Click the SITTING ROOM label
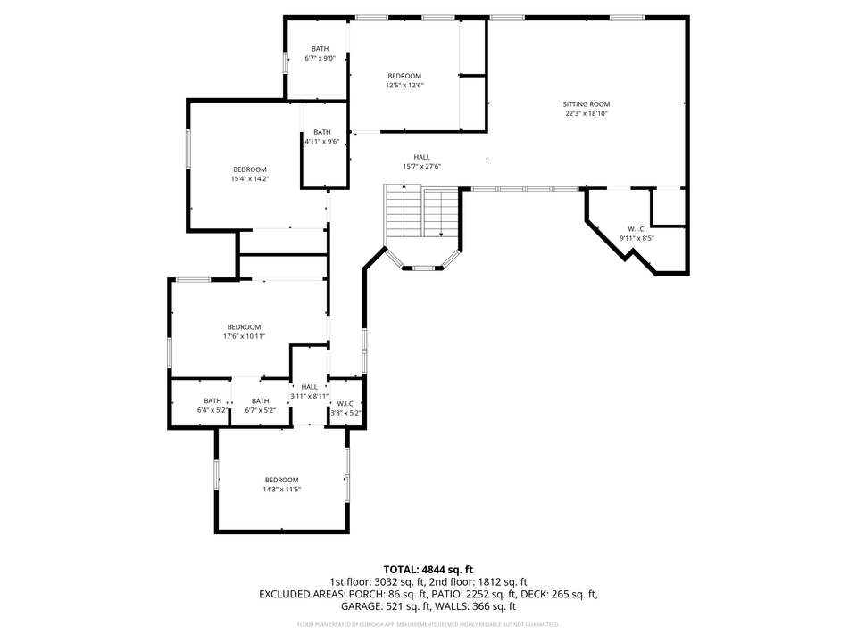(587, 104)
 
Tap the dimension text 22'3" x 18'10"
(587, 114)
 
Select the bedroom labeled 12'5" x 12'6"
(404, 81)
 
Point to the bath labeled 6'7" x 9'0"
(320, 53)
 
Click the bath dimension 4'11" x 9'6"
(322, 141)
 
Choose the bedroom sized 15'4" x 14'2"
(250, 174)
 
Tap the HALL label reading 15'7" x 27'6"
(421, 161)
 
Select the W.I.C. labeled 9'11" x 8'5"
(637, 234)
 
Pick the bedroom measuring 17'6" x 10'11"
(244, 331)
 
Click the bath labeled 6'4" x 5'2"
(212, 406)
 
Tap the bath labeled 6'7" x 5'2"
(260, 406)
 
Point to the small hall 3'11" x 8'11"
(309, 391)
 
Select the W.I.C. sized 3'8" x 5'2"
(345, 408)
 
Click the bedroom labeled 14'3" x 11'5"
(281, 484)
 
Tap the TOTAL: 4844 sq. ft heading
(428, 569)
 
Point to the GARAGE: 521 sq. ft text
(387, 606)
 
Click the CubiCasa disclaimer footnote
(428, 624)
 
